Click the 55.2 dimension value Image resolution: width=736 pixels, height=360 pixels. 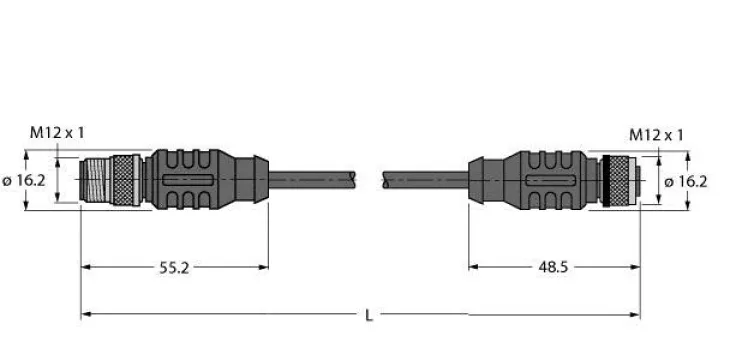174,268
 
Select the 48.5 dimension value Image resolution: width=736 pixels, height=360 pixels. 553,267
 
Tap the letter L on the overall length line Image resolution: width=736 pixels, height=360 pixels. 369,315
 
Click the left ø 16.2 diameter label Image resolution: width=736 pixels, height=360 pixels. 24,180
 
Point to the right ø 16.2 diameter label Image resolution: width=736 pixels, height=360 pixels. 686,181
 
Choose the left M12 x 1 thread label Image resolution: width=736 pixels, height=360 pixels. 57,133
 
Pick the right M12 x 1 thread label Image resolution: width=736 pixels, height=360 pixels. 656,135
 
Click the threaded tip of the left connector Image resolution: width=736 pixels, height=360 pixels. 95,180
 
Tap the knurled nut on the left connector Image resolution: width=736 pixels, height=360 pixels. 123,180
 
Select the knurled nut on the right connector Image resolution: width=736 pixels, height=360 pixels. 619,181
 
